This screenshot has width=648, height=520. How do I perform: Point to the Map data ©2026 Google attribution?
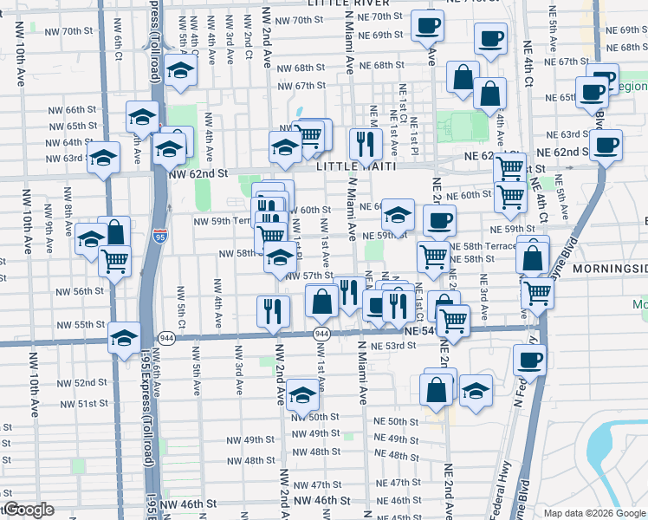click(x=594, y=513)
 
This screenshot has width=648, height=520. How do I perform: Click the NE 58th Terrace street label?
click(x=489, y=246)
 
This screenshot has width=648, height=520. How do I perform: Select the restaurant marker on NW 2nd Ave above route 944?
click(x=273, y=309)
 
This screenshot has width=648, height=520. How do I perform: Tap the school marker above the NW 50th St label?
click(x=302, y=394)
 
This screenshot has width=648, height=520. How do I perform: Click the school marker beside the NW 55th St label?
click(x=124, y=335)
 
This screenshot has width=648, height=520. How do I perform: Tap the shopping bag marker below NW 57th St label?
click(x=322, y=302)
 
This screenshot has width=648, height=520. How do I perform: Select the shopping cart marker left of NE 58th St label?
click(x=433, y=256)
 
